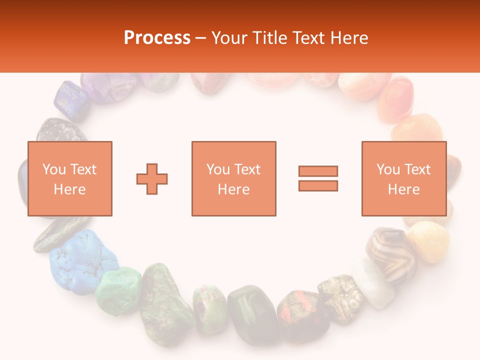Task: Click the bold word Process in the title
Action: pos(157,38)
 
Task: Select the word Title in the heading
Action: pos(269,38)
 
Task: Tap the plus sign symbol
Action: pos(152,178)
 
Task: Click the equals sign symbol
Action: pos(318,178)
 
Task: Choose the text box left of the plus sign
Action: pos(70,178)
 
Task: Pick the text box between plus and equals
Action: pos(234,178)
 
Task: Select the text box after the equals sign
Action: pos(404,178)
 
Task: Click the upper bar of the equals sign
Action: pos(318,171)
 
